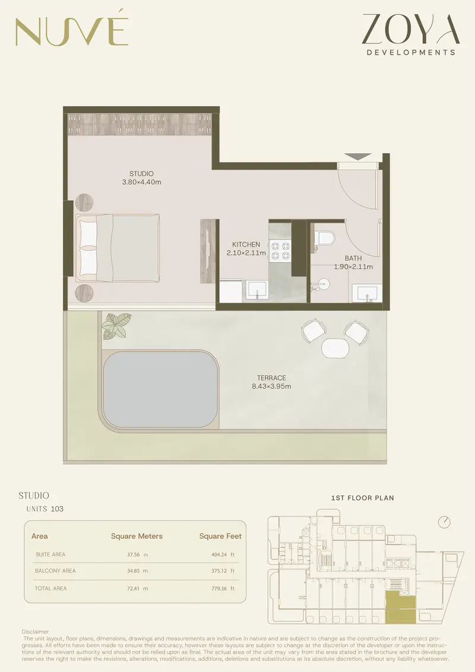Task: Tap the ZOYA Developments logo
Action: click(411, 34)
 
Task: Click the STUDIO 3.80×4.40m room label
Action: click(141, 178)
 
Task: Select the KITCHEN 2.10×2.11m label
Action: click(246, 248)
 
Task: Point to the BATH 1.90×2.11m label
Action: click(353, 262)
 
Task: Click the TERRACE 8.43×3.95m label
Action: click(271, 382)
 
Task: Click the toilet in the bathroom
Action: click(324, 238)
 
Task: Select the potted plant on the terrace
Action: click(116, 326)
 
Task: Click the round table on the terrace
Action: click(335, 348)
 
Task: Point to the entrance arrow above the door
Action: click(357, 157)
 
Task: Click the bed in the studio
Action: click(118, 248)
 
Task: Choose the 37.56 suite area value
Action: click(134, 554)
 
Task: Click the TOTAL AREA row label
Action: click(50, 588)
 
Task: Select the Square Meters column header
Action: click(137, 536)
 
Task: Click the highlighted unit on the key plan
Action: click(400, 607)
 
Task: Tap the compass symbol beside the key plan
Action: click(445, 522)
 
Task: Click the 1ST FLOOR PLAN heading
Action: click(362, 498)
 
